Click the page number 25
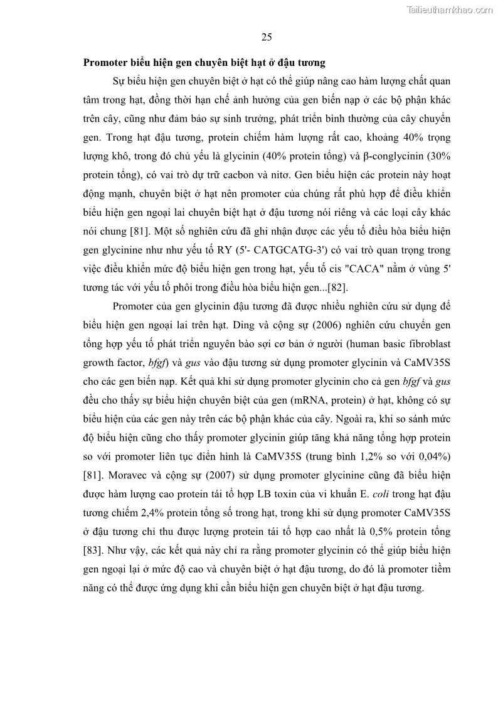(267, 37)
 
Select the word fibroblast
(427, 343)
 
